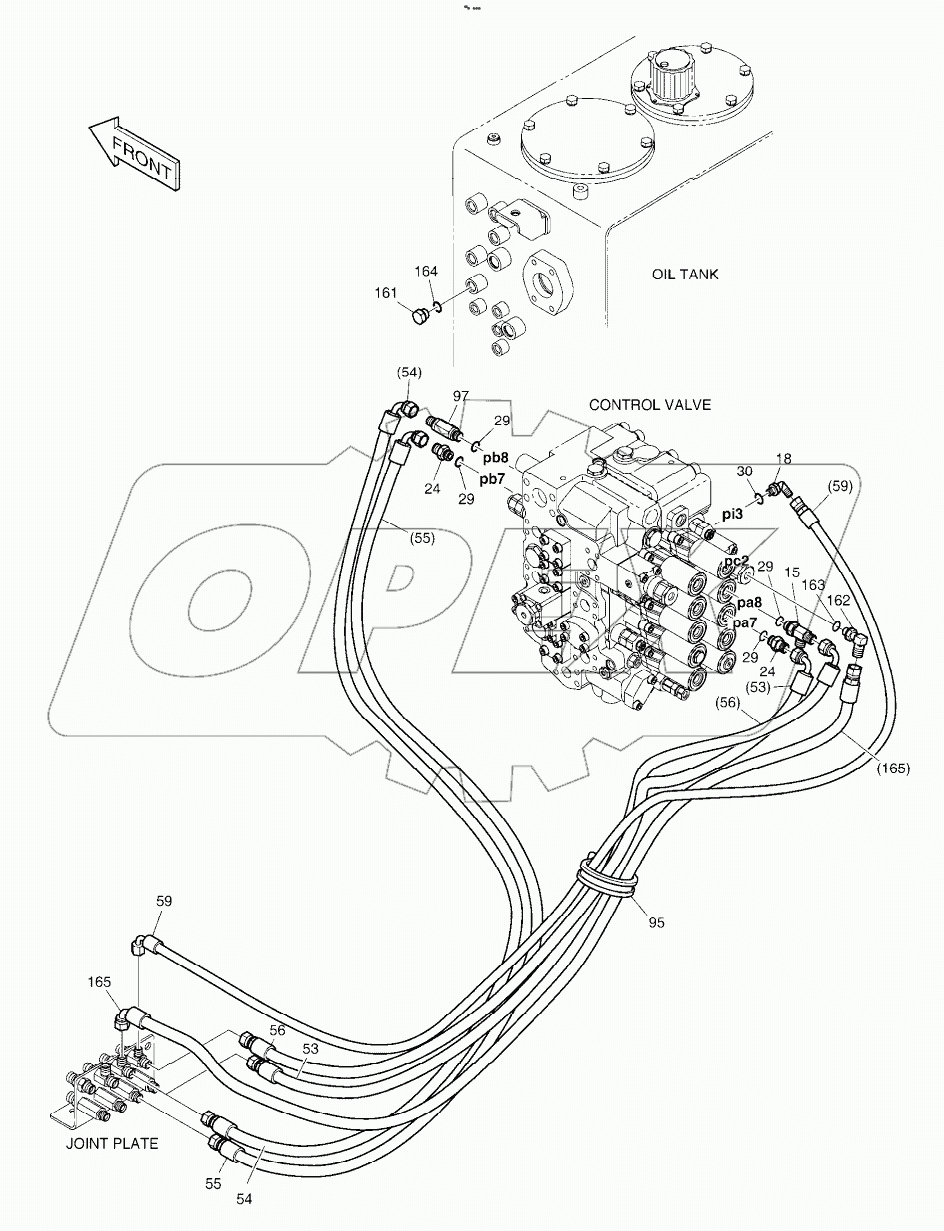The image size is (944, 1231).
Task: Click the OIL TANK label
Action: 685,274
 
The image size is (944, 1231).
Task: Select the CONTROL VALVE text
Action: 650,405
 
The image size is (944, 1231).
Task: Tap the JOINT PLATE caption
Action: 112,1143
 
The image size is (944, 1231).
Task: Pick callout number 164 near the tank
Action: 427,271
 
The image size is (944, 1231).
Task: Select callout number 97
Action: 460,397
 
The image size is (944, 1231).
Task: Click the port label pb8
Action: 496,457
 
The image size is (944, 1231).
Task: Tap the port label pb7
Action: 491,479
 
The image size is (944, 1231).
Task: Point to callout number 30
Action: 744,471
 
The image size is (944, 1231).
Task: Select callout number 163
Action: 815,585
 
